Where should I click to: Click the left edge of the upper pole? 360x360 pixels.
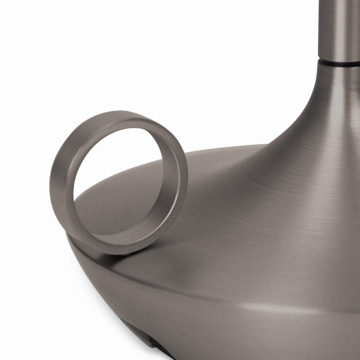(320, 28)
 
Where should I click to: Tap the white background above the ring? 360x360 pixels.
(117, 56)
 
